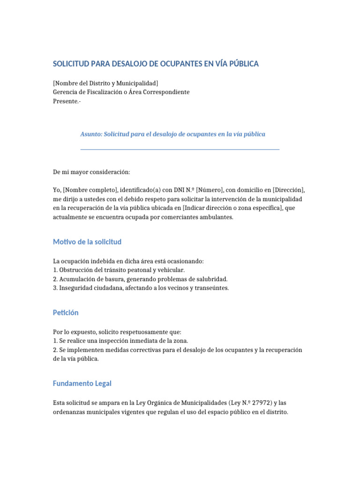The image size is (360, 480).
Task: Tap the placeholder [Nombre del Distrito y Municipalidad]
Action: [105, 83]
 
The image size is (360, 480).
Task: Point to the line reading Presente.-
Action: [67, 101]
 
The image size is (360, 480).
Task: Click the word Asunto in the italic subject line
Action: [91, 134]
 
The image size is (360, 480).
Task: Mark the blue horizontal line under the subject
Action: [180, 150]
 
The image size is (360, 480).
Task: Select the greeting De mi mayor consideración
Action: [91, 172]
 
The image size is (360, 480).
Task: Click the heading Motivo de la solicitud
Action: [87, 242]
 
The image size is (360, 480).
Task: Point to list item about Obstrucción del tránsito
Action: [119, 270]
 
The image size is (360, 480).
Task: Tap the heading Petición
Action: [66, 312]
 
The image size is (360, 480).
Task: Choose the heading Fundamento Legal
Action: [82, 383]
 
